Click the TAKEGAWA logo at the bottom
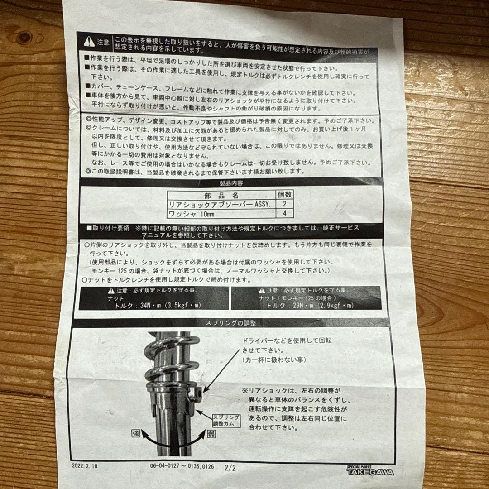[x=370, y=471]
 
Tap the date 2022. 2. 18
[x=84, y=465]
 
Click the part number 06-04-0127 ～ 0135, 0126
[x=182, y=466]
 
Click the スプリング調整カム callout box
[x=224, y=419]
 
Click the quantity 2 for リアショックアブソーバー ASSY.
[x=284, y=205]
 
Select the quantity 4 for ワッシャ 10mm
[x=284, y=214]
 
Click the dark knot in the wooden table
[x=23, y=37]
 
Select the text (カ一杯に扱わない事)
[x=273, y=360]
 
